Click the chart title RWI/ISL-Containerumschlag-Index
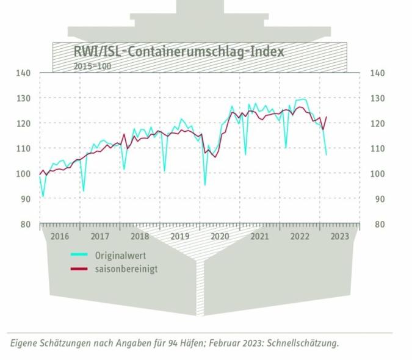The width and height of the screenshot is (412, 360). point(178,51)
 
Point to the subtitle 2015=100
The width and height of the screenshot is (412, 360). point(92,65)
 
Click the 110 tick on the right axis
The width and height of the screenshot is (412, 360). point(377,148)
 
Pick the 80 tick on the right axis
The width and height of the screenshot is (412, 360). point(377,224)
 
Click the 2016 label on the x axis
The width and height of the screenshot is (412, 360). point(60,237)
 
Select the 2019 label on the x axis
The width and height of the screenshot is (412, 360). point(179,237)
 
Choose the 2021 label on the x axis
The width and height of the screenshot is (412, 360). point(259,237)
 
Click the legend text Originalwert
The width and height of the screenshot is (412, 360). point(120,255)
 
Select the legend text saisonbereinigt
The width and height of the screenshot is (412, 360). point(126,268)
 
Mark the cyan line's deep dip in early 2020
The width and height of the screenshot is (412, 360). point(205,184)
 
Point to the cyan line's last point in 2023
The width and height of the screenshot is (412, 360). point(327,155)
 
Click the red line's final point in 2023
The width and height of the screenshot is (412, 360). point(327,117)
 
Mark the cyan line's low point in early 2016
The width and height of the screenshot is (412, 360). point(43,196)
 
